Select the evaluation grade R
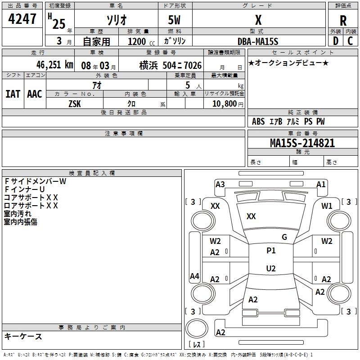point(343,21)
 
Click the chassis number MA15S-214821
point(302,143)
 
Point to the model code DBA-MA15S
point(258,41)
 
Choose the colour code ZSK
point(75,103)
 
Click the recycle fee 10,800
point(224,103)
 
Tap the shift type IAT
point(13,94)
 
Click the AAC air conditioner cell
point(35,94)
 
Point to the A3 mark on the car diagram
point(220,184)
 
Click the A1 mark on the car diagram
point(321,184)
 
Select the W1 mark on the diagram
point(327,206)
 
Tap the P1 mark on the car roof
point(271,251)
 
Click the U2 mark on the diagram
point(271,269)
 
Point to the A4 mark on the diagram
point(194,276)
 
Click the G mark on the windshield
point(284,237)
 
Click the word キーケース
point(23,336)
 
